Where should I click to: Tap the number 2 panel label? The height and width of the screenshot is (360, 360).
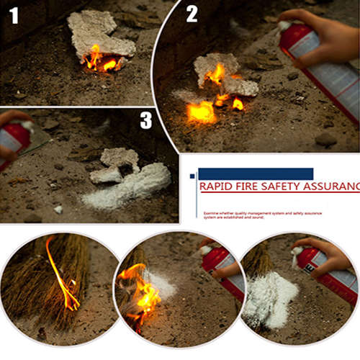click(192, 14)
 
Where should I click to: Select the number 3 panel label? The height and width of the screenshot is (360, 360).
click(146, 120)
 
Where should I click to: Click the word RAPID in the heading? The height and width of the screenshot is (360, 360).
click(217, 187)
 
